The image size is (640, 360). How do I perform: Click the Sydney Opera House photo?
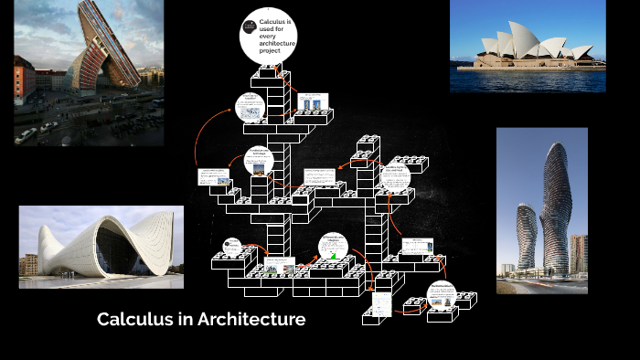pos(528,47)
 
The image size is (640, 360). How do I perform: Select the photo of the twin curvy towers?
pos(541,210)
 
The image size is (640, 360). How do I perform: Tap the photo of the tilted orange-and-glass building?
pos(89,72)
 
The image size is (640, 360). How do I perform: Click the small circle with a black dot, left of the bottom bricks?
pos(232,248)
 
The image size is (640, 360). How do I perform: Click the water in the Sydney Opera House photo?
pos(528,79)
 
